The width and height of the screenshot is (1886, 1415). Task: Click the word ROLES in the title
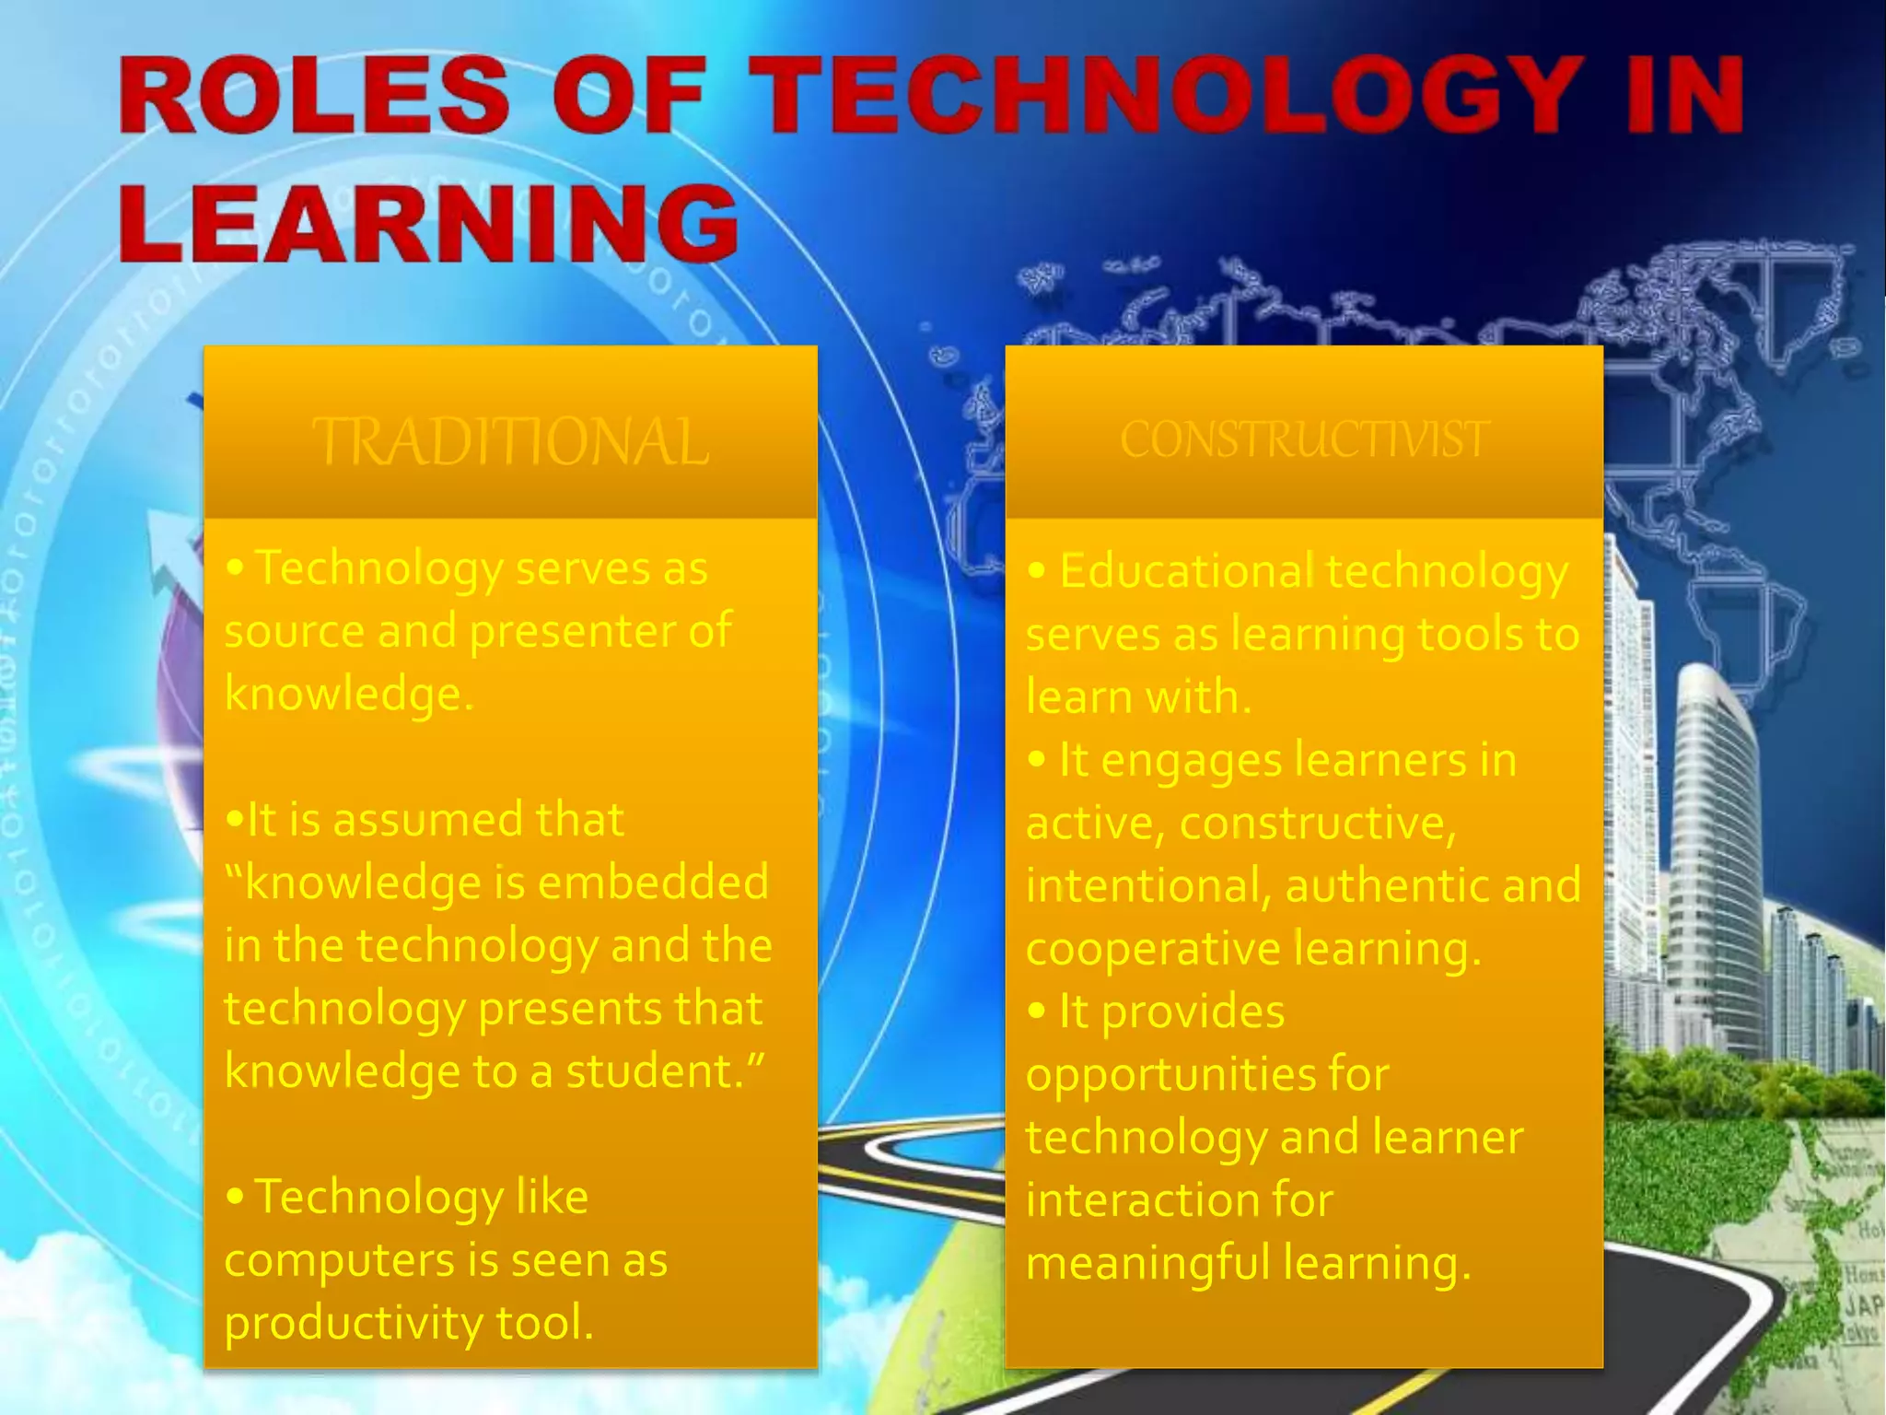313,95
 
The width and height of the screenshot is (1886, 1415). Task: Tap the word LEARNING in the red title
428,224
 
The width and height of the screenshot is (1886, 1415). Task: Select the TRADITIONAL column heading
510,442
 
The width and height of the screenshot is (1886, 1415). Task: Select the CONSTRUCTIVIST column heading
1304,439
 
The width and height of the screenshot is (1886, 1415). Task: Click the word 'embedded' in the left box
653,882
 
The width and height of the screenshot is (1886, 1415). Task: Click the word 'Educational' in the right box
1186,571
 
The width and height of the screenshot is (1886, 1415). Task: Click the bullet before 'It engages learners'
1037,760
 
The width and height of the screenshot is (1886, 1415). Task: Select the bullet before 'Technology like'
236,1197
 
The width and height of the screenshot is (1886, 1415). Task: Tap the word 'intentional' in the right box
1141,885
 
